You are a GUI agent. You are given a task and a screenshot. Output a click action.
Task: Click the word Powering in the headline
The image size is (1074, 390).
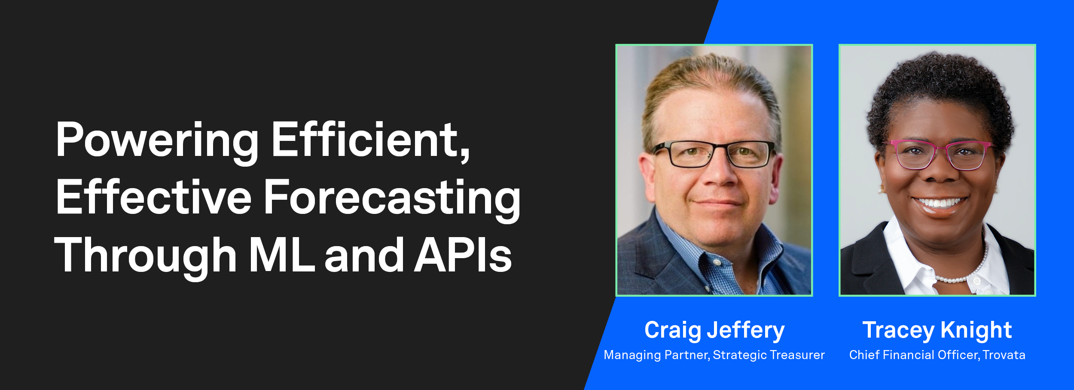pyautogui.click(x=157, y=140)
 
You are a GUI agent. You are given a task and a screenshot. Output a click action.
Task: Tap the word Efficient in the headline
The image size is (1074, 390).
pyautogui.click(x=370, y=140)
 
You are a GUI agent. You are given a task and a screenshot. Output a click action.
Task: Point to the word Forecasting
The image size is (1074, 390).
pyautogui.click(x=392, y=198)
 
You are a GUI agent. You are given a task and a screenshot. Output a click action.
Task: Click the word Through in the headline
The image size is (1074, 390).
pyautogui.click(x=146, y=256)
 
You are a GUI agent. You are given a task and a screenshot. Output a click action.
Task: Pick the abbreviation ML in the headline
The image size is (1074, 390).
pyautogui.click(x=282, y=256)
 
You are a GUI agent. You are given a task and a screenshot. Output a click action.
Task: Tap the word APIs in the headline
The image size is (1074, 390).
pyautogui.click(x=463, y=256)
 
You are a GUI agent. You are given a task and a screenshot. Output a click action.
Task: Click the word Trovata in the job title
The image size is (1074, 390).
pyautogui.click(x=1004, y=355)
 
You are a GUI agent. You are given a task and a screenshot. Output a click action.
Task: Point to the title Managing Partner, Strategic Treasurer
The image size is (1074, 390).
pyautogui.click(x=714, y=355)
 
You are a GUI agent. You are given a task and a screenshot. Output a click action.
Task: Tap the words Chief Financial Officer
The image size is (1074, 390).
pyautogui.click(x=914, y=355)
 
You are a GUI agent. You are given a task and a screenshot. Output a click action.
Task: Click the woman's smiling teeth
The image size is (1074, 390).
pyautogui.click(x=940, y=202)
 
